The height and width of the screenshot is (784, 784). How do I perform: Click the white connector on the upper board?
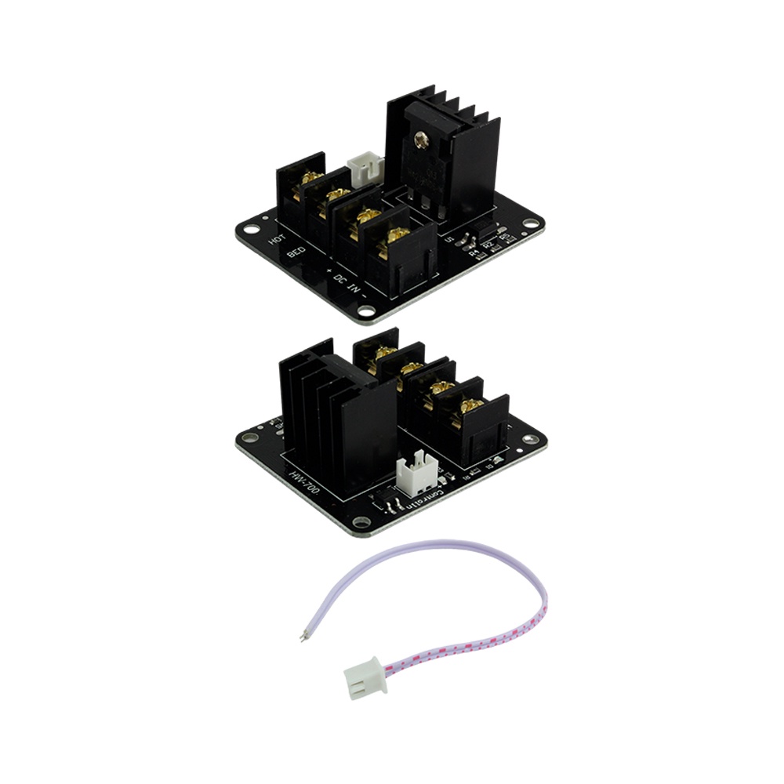[366, 165]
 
